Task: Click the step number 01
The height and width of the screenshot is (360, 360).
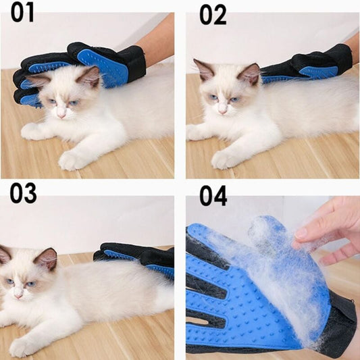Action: click(x=22, y=13)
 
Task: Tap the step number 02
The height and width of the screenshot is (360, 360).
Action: click(x=213, y=15)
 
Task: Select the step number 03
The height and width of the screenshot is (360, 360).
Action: click(x=23, y=193)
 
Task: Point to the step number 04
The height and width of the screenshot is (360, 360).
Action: click(x=213, y=196)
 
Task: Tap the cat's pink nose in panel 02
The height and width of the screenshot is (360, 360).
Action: click(x=222, y=111)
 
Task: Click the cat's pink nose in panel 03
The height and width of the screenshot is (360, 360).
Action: click(x=18, y=296)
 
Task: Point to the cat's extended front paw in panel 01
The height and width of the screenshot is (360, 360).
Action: click(x=70, y=161)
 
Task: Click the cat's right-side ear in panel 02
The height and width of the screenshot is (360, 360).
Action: click(x=251, y=74)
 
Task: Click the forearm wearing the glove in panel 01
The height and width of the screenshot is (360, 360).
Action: click(x=155, y=41)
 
